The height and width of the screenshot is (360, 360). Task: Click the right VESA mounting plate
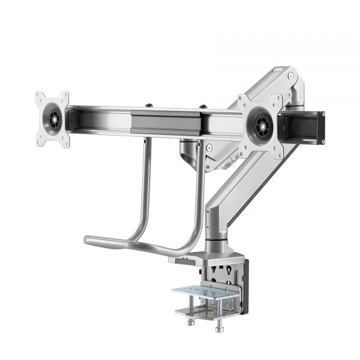(260, 126)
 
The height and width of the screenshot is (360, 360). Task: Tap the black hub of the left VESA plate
(53, 119)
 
